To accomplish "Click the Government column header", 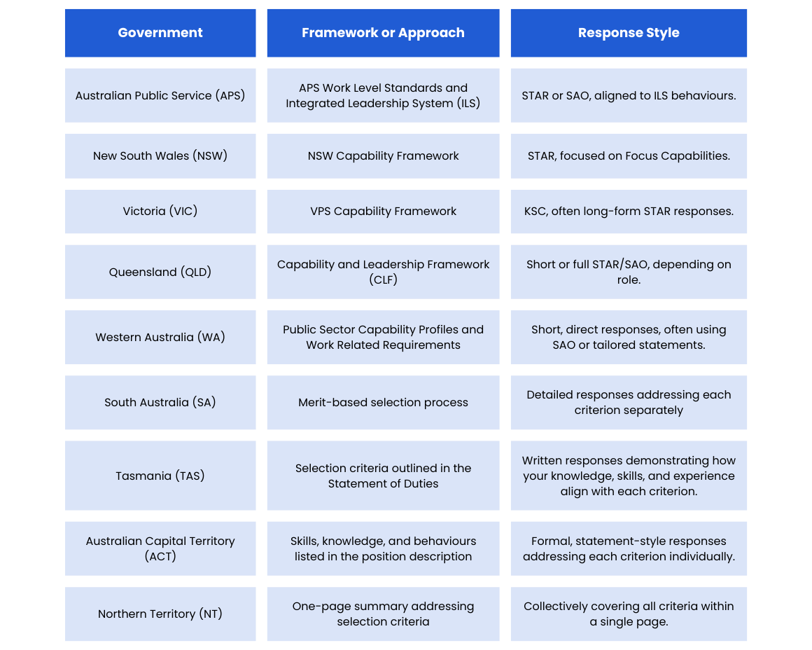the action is click(160, 33).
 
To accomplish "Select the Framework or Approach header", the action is click(383, 33).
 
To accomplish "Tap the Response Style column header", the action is click(629, 33).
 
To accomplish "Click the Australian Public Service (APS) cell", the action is click(160, 95).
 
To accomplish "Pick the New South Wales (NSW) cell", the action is click(160, 156).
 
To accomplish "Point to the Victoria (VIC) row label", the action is click(160, 212).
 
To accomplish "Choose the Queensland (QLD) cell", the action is click(160, 272).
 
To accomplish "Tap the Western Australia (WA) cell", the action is click(160, 338).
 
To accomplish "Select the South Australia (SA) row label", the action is click(160, 403).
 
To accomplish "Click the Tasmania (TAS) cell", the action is click(160, 476).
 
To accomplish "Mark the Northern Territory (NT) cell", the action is click(160, 614).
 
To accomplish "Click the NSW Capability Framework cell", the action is click(383, 156).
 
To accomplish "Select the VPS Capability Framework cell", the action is click(383, 212).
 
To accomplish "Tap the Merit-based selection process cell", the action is click(383, 403).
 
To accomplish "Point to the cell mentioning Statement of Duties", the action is click(383, 476).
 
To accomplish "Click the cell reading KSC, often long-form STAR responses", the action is click(629, 212).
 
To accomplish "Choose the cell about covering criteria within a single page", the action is click(629, 614).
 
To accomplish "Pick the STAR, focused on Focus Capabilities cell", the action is click(629, 156).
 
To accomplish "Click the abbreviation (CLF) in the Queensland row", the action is click(383, 280).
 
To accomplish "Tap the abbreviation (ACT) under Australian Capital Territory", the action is click(160, 557).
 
